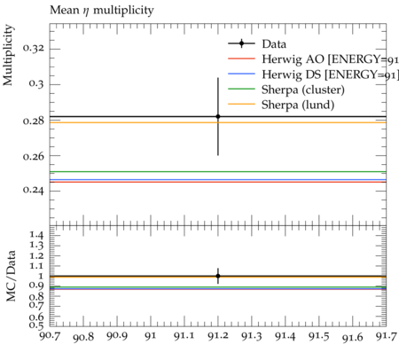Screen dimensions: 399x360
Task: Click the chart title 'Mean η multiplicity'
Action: tap(102, 11)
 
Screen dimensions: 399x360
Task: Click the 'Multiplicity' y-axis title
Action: tap(8, 55)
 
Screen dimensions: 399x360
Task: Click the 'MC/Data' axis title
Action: tap(11, 276)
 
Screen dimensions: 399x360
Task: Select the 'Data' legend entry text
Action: tap(274, 43)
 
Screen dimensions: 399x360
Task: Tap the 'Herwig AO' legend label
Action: tap(293, 59)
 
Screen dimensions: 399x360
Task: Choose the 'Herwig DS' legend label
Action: tap(291, 74)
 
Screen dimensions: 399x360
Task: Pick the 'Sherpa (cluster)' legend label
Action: tap(303, 90)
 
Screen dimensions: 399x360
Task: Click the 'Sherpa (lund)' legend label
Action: tap(298, 105)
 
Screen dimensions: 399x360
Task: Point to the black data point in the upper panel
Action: tap(218, 116)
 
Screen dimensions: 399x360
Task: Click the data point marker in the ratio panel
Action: tap(218, 276)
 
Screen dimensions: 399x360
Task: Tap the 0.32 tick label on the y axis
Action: tap(34, 48)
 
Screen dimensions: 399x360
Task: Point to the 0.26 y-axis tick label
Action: tap(34, 156)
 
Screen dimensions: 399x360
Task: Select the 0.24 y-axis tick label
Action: tap(34, 191)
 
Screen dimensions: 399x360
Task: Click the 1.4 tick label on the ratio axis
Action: tap(36, 235)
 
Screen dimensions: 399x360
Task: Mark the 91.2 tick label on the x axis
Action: tap(218, 336)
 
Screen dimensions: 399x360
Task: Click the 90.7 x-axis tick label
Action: tap(50, 336)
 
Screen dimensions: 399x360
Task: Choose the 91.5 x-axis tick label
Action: tap(319, 336)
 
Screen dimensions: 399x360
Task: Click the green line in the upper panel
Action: tap(218, 171)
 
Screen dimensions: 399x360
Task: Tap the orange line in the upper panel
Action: tap(218, 122)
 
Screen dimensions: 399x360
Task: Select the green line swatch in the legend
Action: tap(241, 89)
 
